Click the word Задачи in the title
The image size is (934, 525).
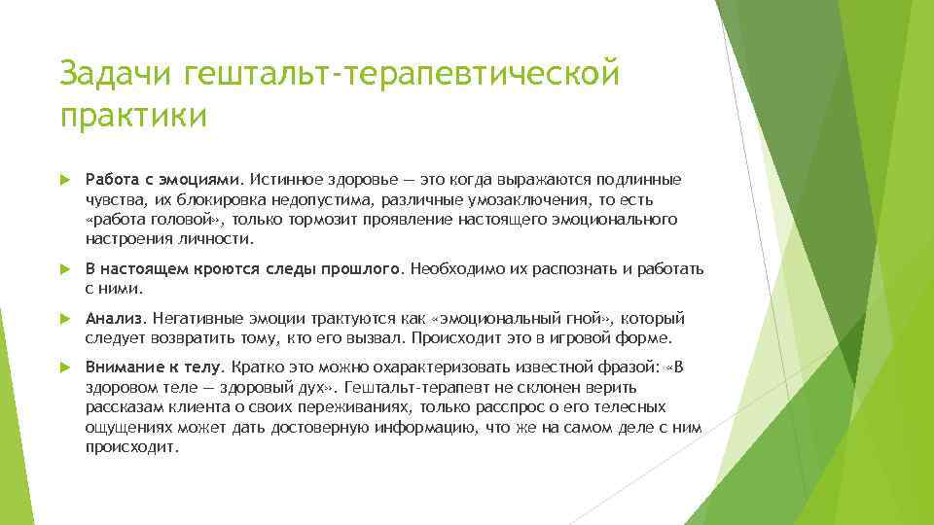[116, 74]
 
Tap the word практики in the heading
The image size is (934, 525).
[133, 115]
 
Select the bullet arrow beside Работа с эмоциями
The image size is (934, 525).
[65, 180]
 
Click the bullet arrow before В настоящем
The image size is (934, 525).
[65, 269]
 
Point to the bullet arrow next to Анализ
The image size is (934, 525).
[65, 319]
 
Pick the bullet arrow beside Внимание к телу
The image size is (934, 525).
[65, 367]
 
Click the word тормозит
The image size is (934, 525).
[322, 219]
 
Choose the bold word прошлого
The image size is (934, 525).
[360, 269]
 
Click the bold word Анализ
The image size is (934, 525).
[114, 319]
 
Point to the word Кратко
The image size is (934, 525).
[253, 367]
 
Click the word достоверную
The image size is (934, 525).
[319, 428]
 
